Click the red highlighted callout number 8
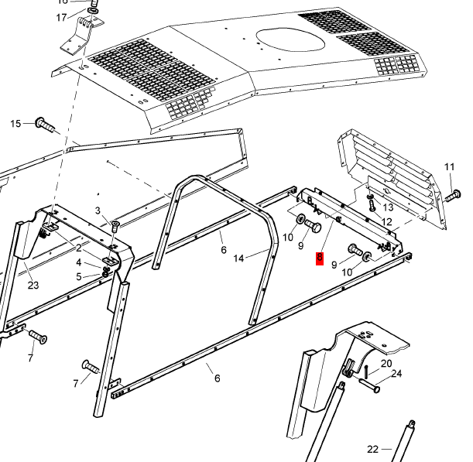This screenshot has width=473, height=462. click(319, 259)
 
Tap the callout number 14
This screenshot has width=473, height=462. click(239, 258)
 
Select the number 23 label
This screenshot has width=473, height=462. click(33, 286)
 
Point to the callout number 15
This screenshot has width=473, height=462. click(15, 124)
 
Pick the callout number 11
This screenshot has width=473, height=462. click(450, 167)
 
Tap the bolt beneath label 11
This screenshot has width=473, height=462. click(452, 196)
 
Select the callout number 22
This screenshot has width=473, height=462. click(372, 449)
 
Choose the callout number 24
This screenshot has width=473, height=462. click(397, 375)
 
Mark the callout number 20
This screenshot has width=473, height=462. click(386, 363)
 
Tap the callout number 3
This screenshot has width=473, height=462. click(98, 210)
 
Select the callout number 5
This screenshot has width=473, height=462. click(78, 276)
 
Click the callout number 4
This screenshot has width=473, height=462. click(78, 263)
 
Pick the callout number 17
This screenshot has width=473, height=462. click(62, 17)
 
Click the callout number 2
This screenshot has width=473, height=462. click(78, 248)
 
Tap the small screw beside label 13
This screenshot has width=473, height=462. click(371, 206)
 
